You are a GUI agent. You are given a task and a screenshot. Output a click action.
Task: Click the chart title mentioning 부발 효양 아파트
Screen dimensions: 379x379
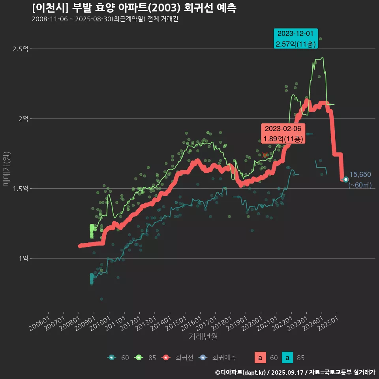point(134,8)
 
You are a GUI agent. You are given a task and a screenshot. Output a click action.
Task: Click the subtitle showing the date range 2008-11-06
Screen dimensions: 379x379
point(105,19)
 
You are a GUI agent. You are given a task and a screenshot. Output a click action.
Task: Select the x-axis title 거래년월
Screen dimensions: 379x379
point(203,336)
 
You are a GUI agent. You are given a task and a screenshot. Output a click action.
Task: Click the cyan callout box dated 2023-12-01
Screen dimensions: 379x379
point(296,39)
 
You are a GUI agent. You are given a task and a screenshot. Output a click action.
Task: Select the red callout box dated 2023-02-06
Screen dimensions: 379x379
point(283,134)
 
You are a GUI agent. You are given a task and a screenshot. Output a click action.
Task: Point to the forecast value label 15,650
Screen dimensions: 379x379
point(360,174)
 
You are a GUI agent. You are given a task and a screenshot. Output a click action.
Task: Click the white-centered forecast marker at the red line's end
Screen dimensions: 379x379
point(346,179)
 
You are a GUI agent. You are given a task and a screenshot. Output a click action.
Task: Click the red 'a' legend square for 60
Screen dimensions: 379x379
point(260,358)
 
